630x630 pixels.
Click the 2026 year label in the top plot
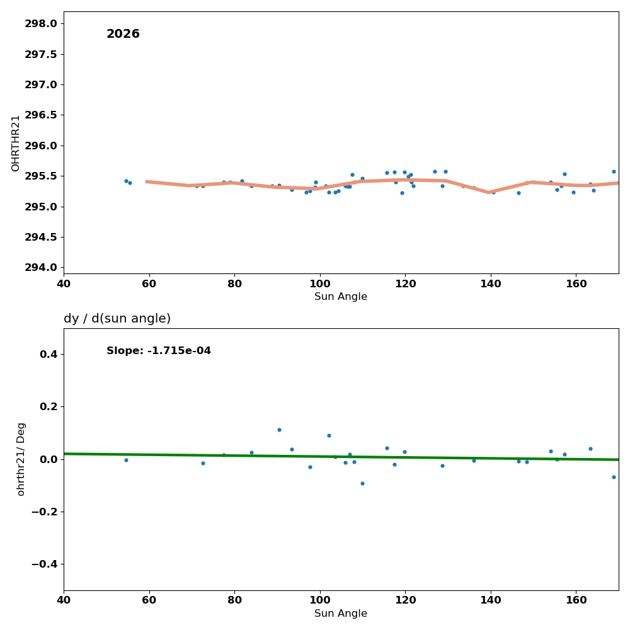[x=123, y=34]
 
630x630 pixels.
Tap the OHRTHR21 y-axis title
[x=16, y=143]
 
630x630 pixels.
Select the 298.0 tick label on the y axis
[x=40, y=24]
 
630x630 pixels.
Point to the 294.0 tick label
[x=40, y=268]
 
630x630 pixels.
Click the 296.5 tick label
[x=40, y=115]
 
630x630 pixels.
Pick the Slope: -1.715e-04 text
[x=159, y=351]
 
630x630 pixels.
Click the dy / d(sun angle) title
[x=117, y=319]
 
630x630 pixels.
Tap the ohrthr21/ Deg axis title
[x=21, y=459]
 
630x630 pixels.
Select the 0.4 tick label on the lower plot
[x=49, y=355]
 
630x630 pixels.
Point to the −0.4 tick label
[x=44, y=564]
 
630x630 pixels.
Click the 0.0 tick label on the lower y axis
[x=49, y=459]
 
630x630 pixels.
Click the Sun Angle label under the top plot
[x=341, y=297]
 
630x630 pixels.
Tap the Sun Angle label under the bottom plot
[x=341, y=614]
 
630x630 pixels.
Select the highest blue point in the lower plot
[x=279, y=430]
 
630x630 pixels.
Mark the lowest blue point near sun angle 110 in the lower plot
[x=362, y=483]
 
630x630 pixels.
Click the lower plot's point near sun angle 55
[x=126, y=460]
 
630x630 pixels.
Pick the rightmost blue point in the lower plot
[x=614, y=477]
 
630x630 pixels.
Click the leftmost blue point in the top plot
[x=126, y=181]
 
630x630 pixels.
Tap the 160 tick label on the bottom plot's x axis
[x=576, y=598]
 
